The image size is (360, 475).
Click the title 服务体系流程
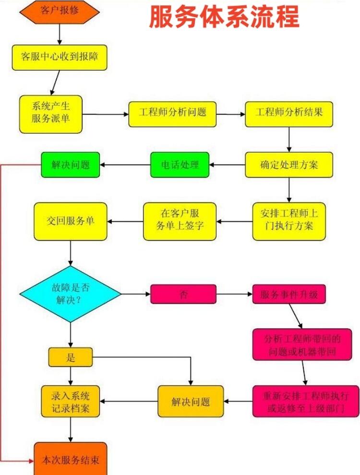pyautogui.click(x=224, y=17)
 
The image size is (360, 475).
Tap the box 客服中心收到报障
pyautogui.click(x=59, y=57)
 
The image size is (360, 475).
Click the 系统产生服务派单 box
pyautogui.click(x=51, y=114)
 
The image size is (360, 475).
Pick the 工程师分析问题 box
pyautogui.click(x=172, y=114)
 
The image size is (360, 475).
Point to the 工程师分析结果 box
pyautogui.click(x=288, y=114)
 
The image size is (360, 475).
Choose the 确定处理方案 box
pyautogui.click(x=288, y=165)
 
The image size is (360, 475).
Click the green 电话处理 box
pyautogui.click(x=180, y=165)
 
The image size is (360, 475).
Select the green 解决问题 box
pyautogui.click(x=70, y=165)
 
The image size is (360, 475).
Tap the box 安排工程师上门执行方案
pyautogui.click(x=288, y=221)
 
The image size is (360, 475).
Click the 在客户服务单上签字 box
pyautogui.click(x=180, y=221)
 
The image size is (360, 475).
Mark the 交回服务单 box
pyautogui.click(x=70, y=221)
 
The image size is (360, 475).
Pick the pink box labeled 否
pyautogui.click(x=183, y=294)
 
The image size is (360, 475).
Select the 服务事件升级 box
pyautogui.click(x=289, y=294)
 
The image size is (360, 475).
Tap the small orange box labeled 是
pyautogui.click(x=71, y=357)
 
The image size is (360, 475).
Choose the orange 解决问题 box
pyautogui.click(x=191, y=401)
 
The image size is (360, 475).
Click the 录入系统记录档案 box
pyautogui.click(x=71, y=401)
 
